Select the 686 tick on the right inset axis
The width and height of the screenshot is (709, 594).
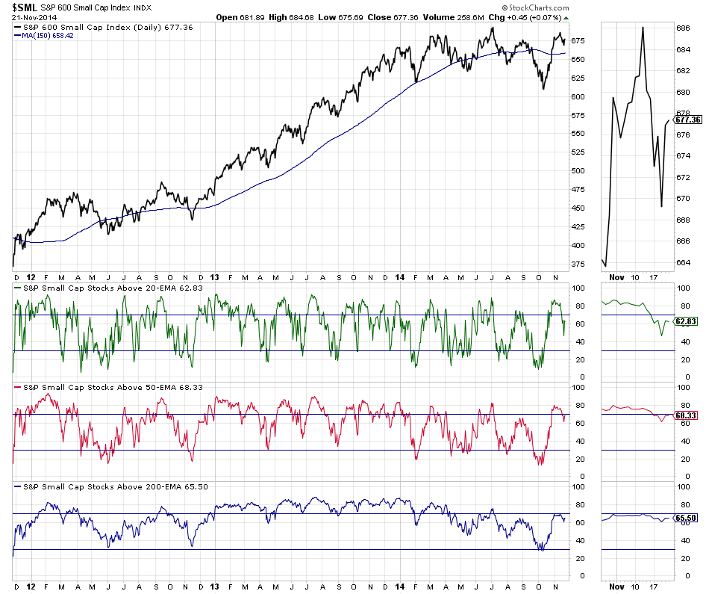(683, 28)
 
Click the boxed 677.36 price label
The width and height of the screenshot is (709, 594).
(687, 120)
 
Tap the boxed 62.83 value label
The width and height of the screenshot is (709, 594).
(686, 322)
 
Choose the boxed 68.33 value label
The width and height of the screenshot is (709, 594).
(686, 413)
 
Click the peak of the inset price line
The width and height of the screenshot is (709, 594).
(643, 28)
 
